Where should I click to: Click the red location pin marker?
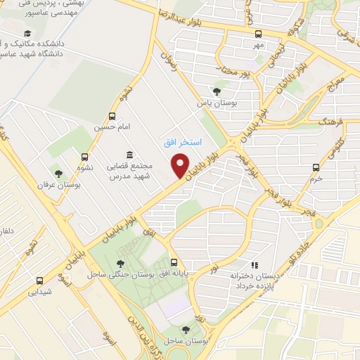tap(180, 166)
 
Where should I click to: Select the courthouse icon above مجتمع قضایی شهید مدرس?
tap(129, 155)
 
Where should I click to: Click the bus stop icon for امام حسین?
tap(112, 117)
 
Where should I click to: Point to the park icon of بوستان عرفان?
tap(58, 174)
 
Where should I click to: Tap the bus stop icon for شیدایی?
tap(39, 278)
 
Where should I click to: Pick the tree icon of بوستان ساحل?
tap(186, 329)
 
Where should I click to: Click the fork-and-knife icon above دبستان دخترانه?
tap(256, 265)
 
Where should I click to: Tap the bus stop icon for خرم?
tap(316, 167)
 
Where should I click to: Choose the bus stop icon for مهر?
tap(258, 34)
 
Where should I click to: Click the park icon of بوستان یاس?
tap(216, 91)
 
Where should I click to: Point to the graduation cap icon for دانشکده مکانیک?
tap(27, 34)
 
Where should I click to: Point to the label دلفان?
tap(6, 231)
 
